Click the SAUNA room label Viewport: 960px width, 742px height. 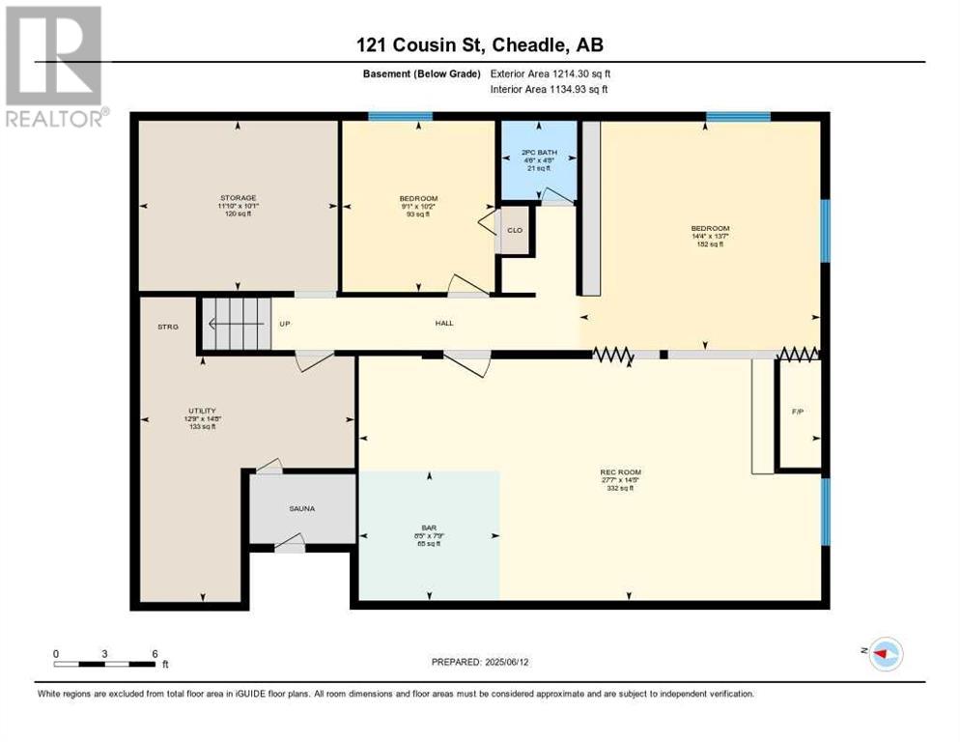coord(300,508)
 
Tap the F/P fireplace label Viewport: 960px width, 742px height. coord(798,412)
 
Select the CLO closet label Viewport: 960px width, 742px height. coord(515,230)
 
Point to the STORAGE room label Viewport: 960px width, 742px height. coord(238,197)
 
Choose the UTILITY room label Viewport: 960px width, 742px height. coord(202,410)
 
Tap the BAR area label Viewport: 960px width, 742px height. coord(430,528)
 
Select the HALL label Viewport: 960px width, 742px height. coord(443,323)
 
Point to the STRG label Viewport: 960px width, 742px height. coord(168,328)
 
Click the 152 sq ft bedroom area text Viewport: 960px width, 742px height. coord(709,244)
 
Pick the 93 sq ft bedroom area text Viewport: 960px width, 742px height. coord(417,214)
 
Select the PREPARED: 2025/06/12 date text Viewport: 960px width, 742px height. coord(482,662)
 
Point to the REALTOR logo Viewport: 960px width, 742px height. coord(54,66)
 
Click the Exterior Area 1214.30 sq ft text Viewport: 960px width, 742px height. coord(551,73)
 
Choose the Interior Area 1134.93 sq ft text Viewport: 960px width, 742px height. coord(550,90)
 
